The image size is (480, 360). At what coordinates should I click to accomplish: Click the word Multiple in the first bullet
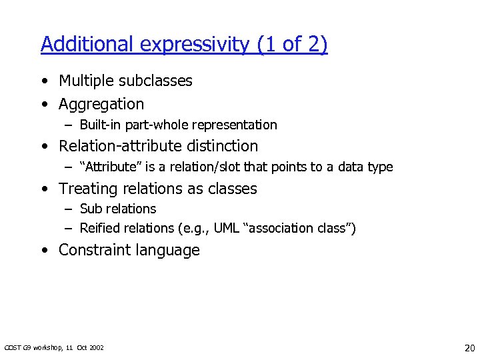pyautogui.click(x=86, y=81)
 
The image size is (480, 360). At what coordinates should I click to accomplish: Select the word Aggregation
pyautogui.click(x=101, y=105)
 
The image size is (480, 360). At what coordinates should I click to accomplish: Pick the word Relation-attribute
pyautogui.click(x=119, y=146)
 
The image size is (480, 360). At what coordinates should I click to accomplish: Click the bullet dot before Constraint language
pyautogui.click(x=43, y=251)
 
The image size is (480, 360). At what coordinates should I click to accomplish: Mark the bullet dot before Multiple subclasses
pyautogui.click(x=43, y=81)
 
